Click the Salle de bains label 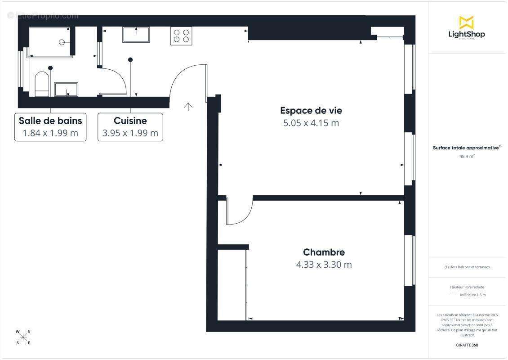pyautogui.click(x=50, y=121)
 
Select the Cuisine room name pyautogui.click(x=130, y=121)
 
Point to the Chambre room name pyautogui.click(x=324, y=252)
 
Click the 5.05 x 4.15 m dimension pyautogui.click(x=310, y=123)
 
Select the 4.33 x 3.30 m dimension pyautogui.click(x=324, y=265)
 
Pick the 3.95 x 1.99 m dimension pyautogui.click(x=130, y=133)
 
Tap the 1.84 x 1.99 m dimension pyautogui.click(x=50, y=133)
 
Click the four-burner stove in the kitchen pyautogui.click(x=181, y=36)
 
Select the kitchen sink pyautogui.click(x=136, y=34)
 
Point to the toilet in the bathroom pyautogui.click(x=41, y=85)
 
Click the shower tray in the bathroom pyautogui.click(x=50, y=42)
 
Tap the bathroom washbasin pyautogui.click(x=66, y=89)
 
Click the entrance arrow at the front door pyautogui.click(x=188, y=107)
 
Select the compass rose pyautogui.click(x=23, y=337)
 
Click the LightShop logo pyautogui.click(x=466, y=28)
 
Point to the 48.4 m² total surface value pyautogui.click(x=467, y=157)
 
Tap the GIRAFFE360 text pyautogui.click(x=467, y=345)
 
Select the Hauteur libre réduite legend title pyautogui.click(x=467, y=287)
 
